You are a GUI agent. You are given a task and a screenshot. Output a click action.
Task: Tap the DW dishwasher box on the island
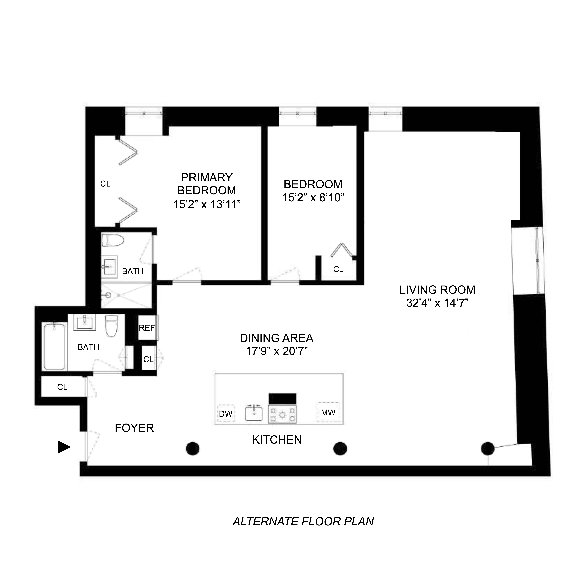(226, 413)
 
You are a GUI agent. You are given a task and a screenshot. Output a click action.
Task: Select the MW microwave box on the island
(328, 412)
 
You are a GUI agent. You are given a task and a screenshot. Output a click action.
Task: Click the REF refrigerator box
(147, 328)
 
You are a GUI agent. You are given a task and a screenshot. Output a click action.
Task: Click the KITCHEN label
(277, 440)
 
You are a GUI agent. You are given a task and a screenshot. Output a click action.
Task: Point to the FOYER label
(134, 428)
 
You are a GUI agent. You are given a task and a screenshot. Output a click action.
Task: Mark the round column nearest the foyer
(193, 448)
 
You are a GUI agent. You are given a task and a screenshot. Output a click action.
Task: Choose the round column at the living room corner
(488, 448)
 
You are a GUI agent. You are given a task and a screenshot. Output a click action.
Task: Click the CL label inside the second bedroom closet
(338, 269)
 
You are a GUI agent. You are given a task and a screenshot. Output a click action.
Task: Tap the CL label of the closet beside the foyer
(62, 387)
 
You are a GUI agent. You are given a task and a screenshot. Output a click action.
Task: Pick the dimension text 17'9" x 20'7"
(277, 351)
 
